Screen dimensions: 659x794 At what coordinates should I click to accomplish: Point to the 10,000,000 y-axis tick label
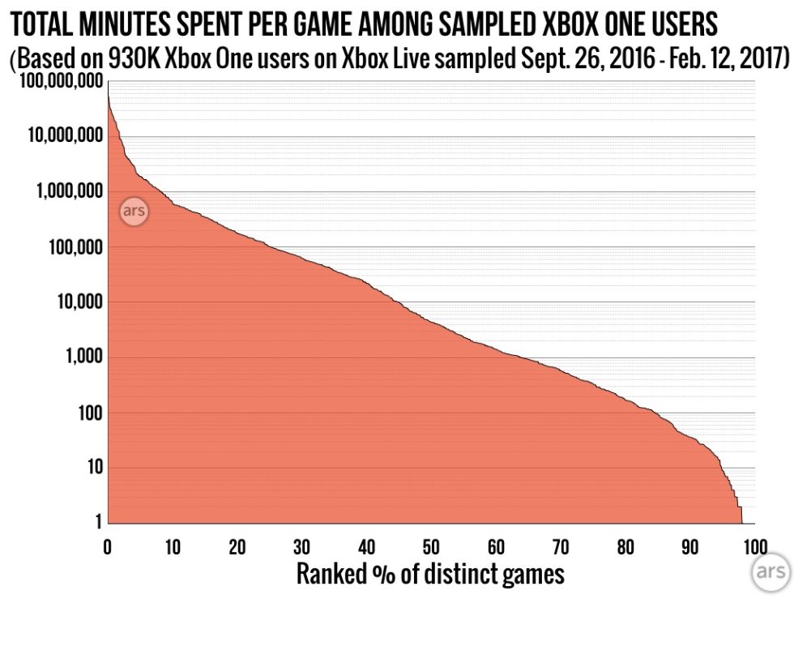click(x=55, y=135)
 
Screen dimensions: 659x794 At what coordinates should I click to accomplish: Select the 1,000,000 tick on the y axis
click(x=59, y=191)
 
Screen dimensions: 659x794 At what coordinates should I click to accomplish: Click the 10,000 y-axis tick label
click(x=70, y=302)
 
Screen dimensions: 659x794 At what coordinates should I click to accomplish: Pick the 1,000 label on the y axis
click(x=75, y=357)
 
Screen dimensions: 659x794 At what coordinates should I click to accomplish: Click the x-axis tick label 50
click(x=430, y=547)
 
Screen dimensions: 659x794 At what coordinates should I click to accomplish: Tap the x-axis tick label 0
click(x=107, y=547)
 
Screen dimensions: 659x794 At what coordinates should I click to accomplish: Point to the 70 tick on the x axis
click(x=560, y=547)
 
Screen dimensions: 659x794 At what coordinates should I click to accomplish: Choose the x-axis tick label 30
click(x=301, y=547)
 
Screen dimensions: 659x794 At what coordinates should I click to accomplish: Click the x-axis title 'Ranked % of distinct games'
click(x=429, y=575)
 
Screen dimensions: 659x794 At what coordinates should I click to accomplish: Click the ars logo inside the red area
click(x=134, y=212)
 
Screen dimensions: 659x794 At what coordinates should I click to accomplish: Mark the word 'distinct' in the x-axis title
click(x=461, y=575)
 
